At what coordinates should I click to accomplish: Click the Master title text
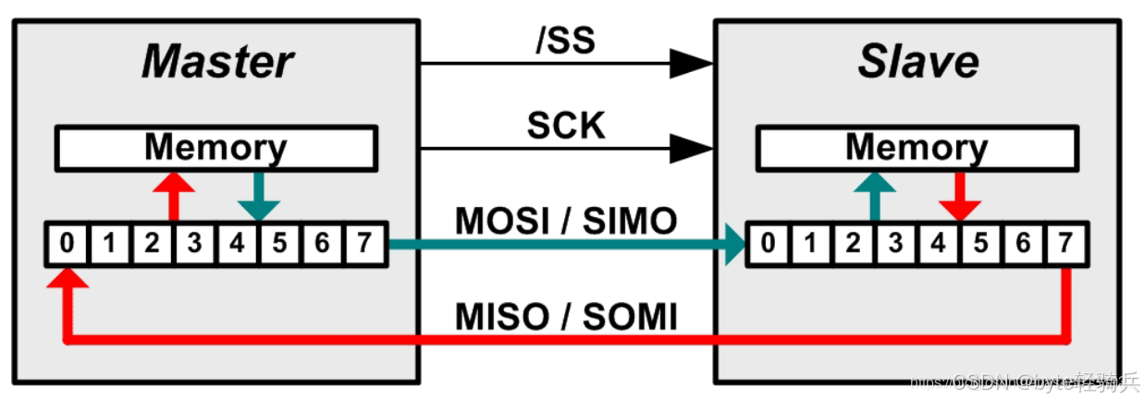[218, 63]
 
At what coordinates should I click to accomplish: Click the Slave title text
[917, 63]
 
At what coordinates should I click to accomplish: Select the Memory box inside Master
[215, 148]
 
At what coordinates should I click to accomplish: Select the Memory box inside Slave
[916, 148]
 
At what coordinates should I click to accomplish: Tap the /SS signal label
[565, 40]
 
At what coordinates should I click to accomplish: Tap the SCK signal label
[566, 126]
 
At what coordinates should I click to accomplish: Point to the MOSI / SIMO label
[566, 222]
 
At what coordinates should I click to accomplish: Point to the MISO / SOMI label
[566, 318]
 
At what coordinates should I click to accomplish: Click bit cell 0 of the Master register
[68, 245]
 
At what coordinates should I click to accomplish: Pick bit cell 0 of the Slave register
[768, 245]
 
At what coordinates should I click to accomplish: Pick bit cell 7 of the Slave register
[1065, 245]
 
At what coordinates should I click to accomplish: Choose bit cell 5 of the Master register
[280, 245]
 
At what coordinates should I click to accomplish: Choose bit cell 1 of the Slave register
[810, 245]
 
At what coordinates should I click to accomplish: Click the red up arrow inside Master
[173, 195]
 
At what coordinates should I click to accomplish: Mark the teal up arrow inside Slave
[874, 195]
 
